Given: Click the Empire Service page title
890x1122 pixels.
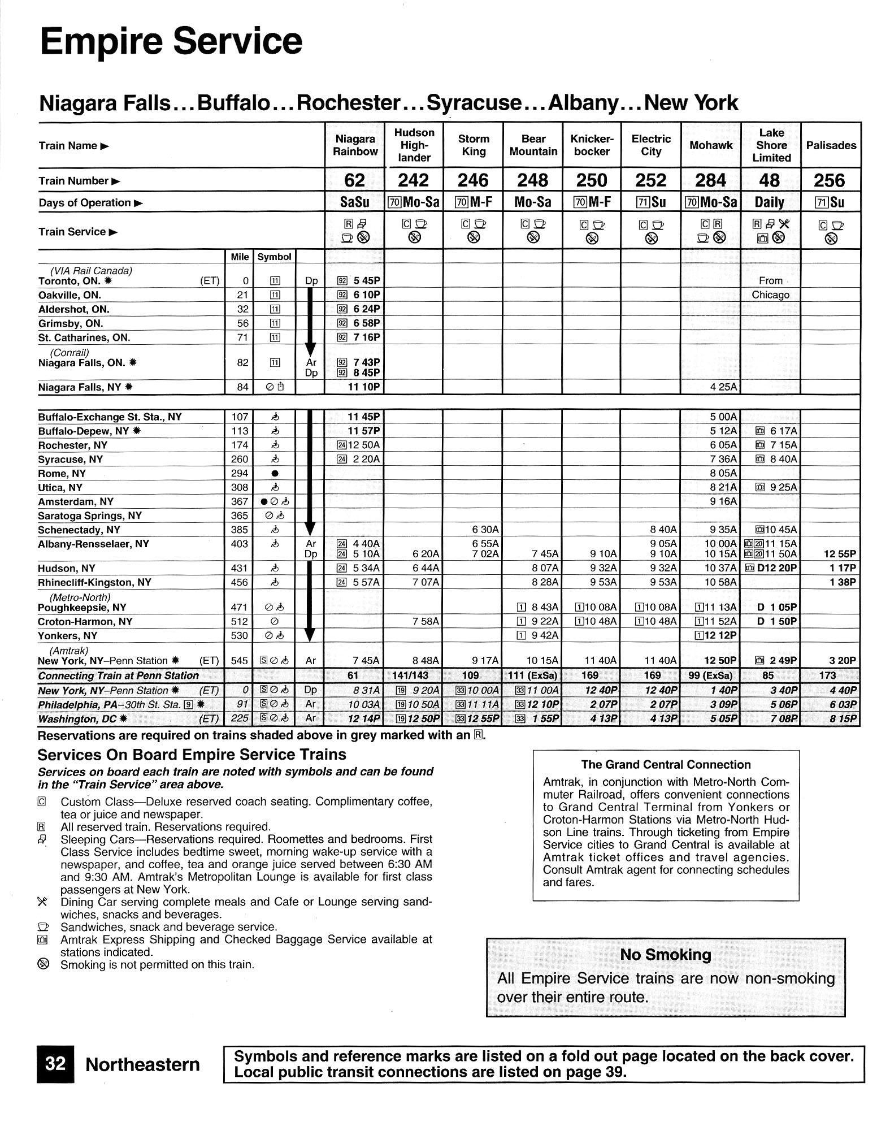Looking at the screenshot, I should pos(171,41).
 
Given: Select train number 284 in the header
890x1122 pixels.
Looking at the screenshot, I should pos(710,180).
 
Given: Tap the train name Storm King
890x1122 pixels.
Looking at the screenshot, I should pos(473,145).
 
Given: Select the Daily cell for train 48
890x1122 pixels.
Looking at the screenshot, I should pos(770,202).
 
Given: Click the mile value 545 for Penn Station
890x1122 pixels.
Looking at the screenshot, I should pos(240,660).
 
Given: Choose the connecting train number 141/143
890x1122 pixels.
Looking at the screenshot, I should pos(413,675).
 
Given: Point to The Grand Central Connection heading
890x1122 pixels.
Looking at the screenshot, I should pos(666,765).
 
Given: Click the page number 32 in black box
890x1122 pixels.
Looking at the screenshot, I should pos(55,1064).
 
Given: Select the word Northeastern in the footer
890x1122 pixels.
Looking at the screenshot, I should pos(142,1065).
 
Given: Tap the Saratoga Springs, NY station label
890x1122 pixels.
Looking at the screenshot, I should pos(90,515).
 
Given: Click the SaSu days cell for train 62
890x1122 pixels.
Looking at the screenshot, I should pos(354,202).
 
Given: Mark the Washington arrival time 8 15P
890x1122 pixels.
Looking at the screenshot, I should pos(839,719).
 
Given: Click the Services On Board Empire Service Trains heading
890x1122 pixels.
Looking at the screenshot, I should pos(192,755).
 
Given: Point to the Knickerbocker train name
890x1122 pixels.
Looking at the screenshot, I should pos(591,145).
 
